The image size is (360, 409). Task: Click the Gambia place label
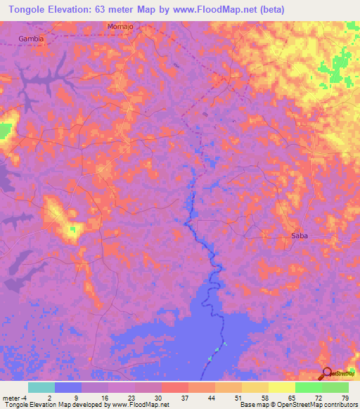(31, 39)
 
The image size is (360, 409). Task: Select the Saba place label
(300, 236)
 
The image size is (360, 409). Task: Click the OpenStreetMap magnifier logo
(328, 374)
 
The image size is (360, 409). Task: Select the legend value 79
(345, 397)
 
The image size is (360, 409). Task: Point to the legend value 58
(264, 397)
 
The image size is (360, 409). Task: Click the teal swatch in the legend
(41, 387)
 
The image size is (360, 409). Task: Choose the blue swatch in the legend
(68, 387)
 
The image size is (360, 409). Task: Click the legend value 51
(238, 397)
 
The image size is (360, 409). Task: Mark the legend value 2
(50, 397)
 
